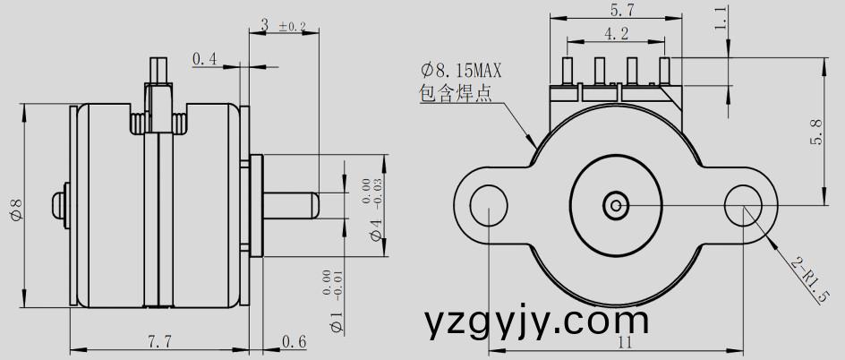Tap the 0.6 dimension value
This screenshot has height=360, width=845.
click(x=294, y=341)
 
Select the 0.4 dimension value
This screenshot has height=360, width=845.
click(x=205, y=59)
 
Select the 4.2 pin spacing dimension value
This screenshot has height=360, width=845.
click(x=616, y=34)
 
